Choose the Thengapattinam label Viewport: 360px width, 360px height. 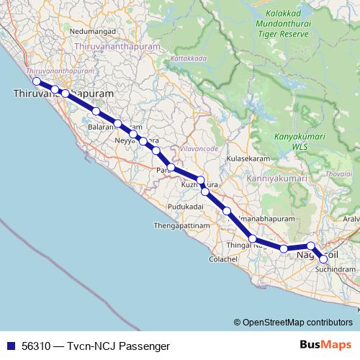tap(181, 225)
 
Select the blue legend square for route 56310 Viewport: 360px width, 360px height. tap(10, 344)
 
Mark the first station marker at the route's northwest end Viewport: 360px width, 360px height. tap(36, 81)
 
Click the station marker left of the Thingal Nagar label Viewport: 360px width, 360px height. tap(253, 239)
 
